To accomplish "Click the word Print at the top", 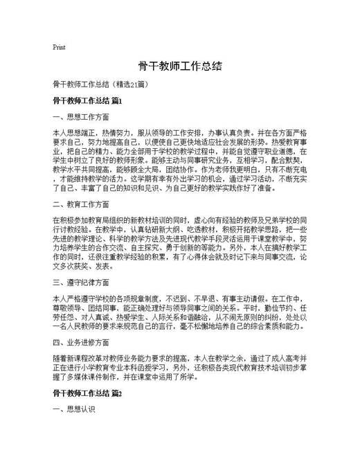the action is pyautogui.click(x=59, y=48).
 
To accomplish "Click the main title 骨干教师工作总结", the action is pyautogui.click(x=180, y=66).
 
